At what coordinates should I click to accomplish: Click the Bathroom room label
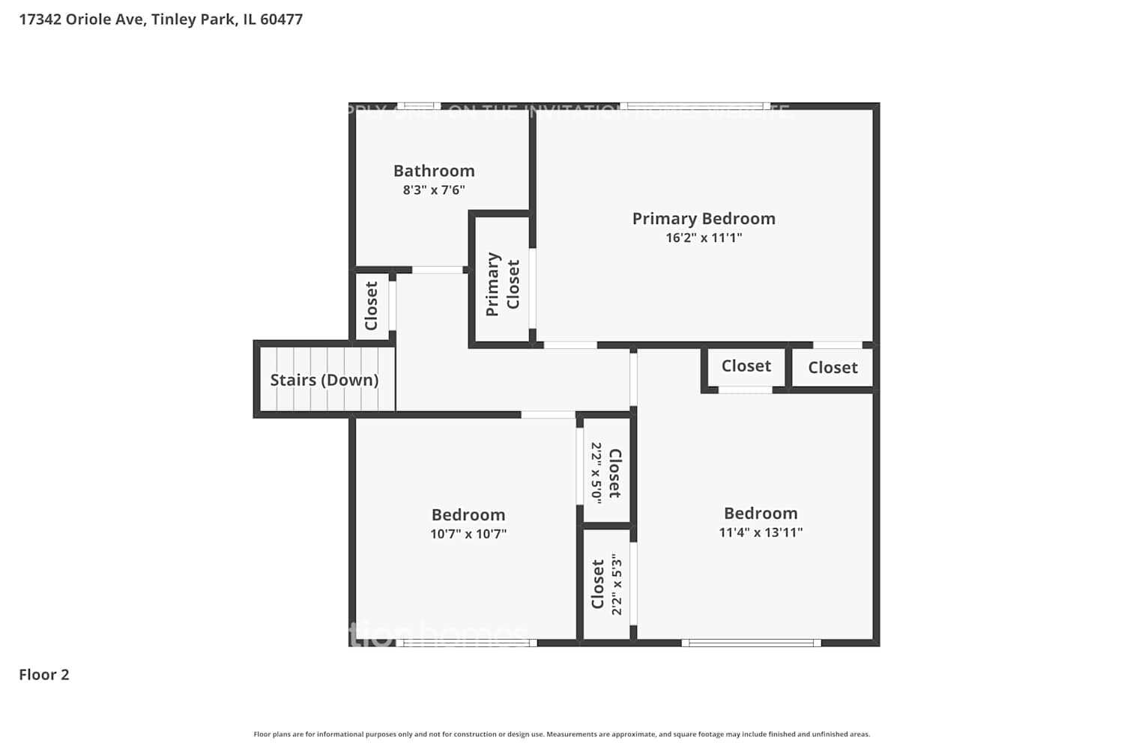(x=434, y=171)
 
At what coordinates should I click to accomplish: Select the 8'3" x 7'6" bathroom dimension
(x=434, y=190)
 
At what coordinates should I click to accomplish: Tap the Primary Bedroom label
(x=704, y=219)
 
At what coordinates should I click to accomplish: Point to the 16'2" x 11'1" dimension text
(x=704, y=238)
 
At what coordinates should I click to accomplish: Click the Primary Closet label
(x=502, y=284)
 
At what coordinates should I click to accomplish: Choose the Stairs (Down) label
(x=324, y=380)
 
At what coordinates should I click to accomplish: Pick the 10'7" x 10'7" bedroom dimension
(x=468, y=534)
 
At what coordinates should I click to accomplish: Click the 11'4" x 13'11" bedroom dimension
(x=761, y=533)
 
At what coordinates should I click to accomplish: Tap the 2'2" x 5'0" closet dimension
(x=596, y=472)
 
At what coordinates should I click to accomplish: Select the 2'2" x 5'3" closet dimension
(x=617, y=584)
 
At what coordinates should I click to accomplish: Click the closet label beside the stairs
(x=371, y=306)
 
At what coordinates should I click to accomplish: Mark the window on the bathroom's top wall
(x=418, y=106)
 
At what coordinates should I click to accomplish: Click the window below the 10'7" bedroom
(x=466, y=643)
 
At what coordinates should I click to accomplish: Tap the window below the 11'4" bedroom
(x=751, y=643)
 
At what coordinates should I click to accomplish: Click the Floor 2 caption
(x=44, y=675)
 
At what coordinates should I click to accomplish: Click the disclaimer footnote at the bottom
(x=561, y=735)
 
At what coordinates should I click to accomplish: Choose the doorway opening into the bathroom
(x=438, y=270)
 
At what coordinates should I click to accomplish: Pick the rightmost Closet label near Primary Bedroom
(x=833, y=368)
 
